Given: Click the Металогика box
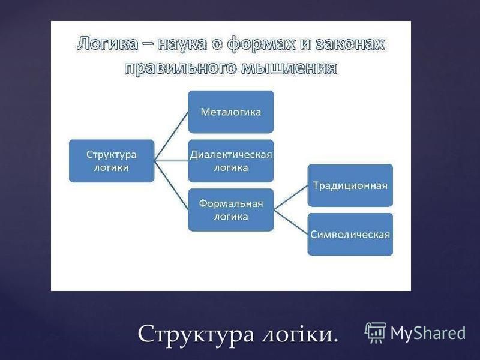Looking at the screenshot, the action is [231, 112].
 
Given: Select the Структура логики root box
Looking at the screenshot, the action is [112, 161].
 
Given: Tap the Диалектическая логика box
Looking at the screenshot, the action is [231, 161].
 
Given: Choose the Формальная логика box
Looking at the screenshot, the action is [231, 209].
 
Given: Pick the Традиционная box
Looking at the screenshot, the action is [350, 185].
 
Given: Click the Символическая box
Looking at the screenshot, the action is [350, 234].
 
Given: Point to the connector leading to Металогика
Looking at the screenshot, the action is [171, 136].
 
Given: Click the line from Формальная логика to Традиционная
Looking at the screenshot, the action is [290, 197].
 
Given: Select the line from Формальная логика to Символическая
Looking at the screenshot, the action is [290, 222].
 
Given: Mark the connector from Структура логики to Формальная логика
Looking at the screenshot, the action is [171, 185].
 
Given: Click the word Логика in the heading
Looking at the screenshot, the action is [107, 43].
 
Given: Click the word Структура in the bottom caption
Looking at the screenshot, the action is [196, 334].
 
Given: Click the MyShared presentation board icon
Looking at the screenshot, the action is [376, 332].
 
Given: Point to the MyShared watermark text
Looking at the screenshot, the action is [428, 333].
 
